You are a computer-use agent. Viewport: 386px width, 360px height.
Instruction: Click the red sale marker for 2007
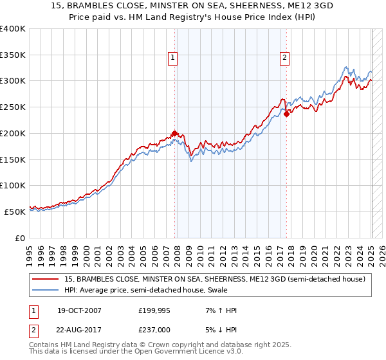tap(174, 134)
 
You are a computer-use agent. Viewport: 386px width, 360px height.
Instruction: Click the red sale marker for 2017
tap(286, 114)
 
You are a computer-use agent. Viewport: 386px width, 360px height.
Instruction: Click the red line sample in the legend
tap(46, 279)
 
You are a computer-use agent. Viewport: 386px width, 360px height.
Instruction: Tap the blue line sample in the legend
tap(46, 290)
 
